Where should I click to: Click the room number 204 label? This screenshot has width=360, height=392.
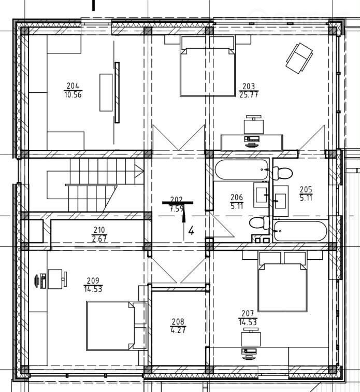click(x=73, y=86)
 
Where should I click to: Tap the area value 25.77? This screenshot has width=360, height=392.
click(x=249, y=95)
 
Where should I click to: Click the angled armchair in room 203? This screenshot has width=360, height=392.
click(x=299, y=59)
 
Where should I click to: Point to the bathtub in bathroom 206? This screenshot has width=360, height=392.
click(x=241, y=170)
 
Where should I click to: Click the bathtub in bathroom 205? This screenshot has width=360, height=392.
click(x=300, y=231)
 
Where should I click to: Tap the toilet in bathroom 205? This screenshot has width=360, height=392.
click(x=282, y=173)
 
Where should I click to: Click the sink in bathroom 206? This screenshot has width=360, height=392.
click(x=261, y=195)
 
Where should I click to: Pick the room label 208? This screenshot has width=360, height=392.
click(x=178, y=321)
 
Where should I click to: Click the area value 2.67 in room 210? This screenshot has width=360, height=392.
click(x=99, y=239)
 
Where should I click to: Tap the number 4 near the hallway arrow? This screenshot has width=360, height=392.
click(x=191, y=231)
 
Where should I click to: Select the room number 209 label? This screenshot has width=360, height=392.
click(x=93, y=281)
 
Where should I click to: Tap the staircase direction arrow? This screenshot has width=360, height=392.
click(x=139, y=171)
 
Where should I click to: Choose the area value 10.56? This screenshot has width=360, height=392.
click(x=73, y=95)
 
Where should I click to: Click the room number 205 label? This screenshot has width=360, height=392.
click(x=306, y=189)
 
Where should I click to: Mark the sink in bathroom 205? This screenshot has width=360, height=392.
click(x=281, y=201)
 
